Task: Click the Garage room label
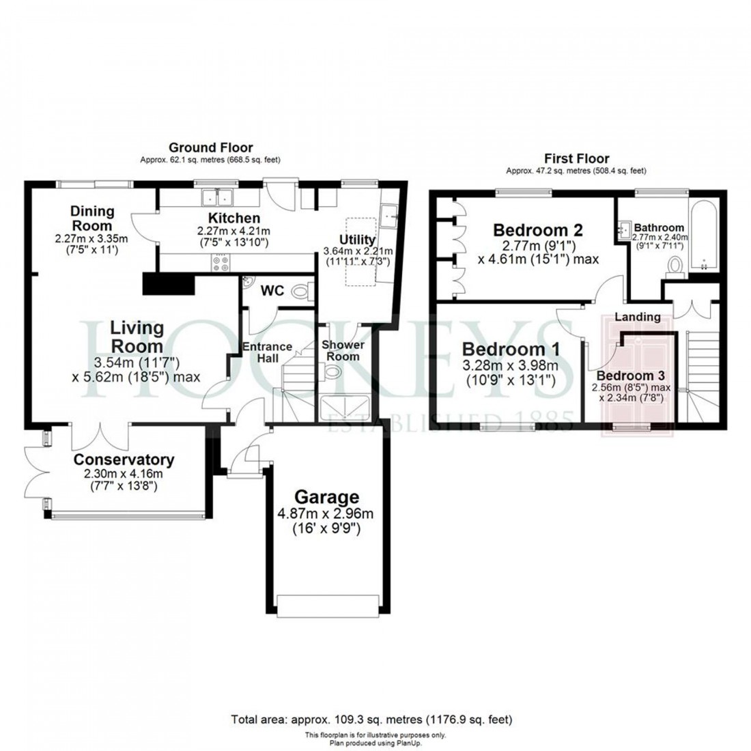tap(326, 496)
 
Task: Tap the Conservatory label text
tap(124, 459)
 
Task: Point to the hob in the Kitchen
tap(223, 264)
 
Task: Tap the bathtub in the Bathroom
tap(703, 236)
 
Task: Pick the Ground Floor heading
tap(210, 147)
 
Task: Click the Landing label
tap(637, 317)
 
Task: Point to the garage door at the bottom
tap(328, 604)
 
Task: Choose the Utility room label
tap(357, 240)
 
